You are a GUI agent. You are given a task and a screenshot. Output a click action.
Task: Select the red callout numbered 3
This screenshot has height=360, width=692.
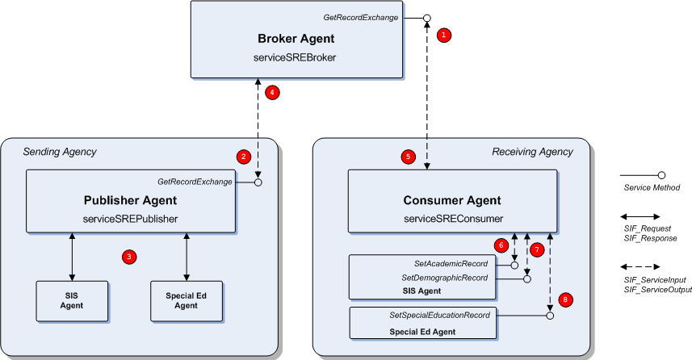[x=128, y=257]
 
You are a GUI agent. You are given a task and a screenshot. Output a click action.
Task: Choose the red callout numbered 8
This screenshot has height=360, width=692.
[x=565, y=299]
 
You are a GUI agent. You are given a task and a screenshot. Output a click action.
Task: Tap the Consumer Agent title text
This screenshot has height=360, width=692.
[x=453, y=200]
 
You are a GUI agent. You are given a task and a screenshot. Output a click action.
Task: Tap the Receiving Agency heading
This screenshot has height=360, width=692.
[x=532, y=152]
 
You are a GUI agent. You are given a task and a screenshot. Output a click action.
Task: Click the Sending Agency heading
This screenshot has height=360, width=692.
[x=59, y=152]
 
